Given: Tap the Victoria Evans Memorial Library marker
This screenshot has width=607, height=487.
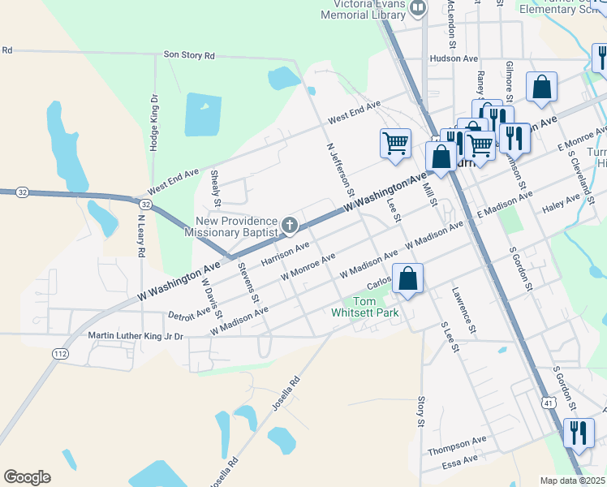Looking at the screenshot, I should point(419,9).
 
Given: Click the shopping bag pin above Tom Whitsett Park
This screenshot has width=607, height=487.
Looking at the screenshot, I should point(408,279).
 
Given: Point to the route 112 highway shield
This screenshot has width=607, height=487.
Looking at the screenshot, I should point(60,353).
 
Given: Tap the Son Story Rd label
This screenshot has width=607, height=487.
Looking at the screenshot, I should point(189,55).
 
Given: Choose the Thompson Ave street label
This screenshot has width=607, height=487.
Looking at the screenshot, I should point(458,445).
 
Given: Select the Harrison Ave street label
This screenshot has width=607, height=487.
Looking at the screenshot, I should point(285,254).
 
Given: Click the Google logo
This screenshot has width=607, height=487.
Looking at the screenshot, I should point(27,477).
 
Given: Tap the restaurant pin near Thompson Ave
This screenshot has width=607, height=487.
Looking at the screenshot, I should point(579,432).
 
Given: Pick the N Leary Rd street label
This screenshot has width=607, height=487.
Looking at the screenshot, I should point(140,235).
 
